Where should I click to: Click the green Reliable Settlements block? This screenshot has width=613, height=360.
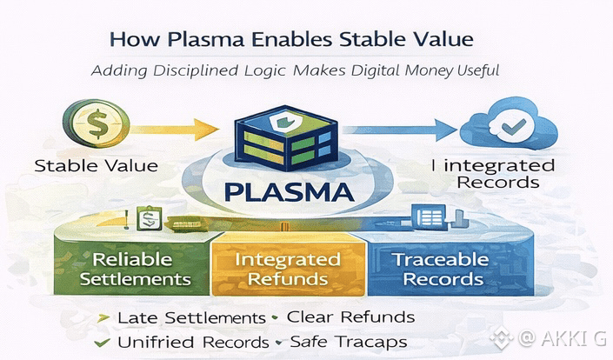(140, 269)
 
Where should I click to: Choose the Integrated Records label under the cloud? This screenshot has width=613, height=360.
(496, 173)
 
